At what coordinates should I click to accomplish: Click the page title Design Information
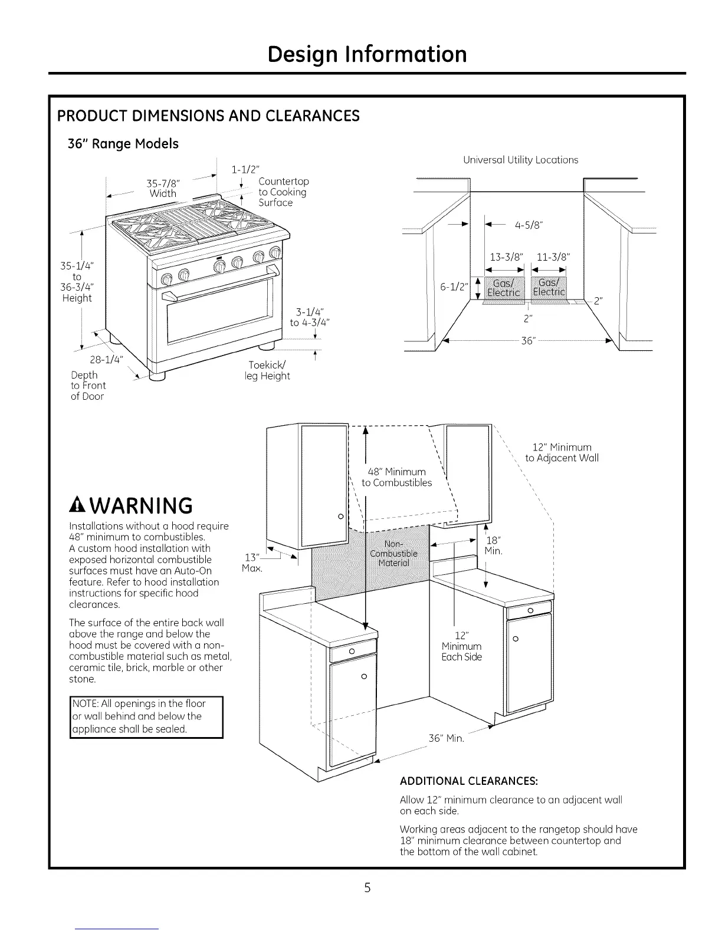coord(366,54)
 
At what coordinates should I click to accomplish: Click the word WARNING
coord(142,506)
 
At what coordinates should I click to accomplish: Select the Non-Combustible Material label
coord(393,553)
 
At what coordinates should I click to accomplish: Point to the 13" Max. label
coord(252,563)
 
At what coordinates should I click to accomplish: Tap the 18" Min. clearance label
coord(493,545)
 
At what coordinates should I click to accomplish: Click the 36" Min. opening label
coord(447,738)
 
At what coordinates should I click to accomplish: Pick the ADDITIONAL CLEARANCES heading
coord(468,781)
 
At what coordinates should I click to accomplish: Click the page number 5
coord(367,889)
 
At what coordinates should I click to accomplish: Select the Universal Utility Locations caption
coord(520,160)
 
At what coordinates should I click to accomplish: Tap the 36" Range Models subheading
coord(123,144)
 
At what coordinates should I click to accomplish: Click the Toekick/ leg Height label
coord(268,370)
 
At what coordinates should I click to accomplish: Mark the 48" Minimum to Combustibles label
coord(396,477)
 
